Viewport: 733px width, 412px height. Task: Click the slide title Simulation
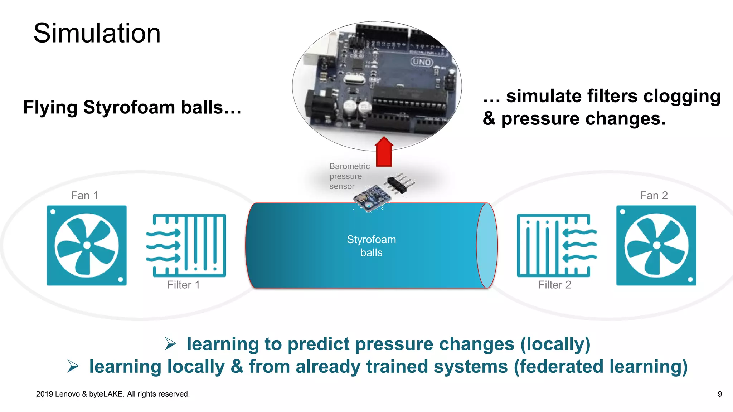point(97,33)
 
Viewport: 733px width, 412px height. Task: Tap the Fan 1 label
point(84,195)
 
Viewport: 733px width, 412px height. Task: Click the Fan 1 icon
point(87,245)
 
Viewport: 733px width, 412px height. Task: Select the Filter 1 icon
point(186,245)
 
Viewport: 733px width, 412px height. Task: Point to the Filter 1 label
point(183,285)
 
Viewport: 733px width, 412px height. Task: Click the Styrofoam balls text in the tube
point(371,246)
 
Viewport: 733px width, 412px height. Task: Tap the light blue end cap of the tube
point(487,245)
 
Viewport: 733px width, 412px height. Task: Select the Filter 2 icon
point(557,245)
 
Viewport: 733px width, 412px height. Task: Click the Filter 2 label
point(554,285)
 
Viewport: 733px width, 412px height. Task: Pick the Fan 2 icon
point(656,245)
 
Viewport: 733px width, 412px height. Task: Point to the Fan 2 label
point(654,195)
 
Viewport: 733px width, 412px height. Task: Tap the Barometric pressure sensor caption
point(349,176)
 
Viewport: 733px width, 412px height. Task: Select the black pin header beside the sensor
point(400,183)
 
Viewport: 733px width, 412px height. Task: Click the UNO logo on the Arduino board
point(422,62)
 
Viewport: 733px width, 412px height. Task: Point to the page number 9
point(719,394)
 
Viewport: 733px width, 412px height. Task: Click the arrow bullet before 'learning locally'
point(73,366)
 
